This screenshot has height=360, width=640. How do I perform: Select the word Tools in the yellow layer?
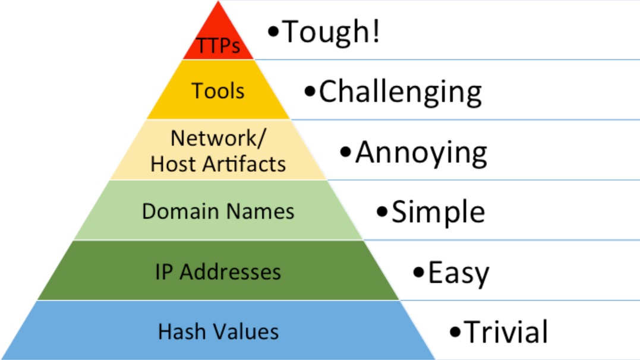click(x=218, y=91)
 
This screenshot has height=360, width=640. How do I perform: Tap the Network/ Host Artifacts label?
click(x=218, y=151)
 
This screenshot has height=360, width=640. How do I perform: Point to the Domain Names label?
click(x=218, y=211)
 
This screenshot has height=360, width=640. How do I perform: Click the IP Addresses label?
click(x=218, y=271)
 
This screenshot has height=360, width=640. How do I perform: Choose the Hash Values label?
click(x=218, y=331)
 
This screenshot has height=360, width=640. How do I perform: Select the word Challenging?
click(x=400, y=92)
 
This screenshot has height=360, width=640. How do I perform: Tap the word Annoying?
click(x=421, y=153)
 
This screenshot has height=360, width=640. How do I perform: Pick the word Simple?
click(x=438, y=212)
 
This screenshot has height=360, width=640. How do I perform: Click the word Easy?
click(x=458, y=273)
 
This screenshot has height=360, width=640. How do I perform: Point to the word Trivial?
click(x=506, y=331)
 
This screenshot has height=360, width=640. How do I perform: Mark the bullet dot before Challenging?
click(x=309, y=92)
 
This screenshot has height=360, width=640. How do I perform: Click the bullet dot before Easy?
click(x=419, y=273)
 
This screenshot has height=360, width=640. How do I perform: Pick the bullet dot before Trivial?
click(x=456, y=331)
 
